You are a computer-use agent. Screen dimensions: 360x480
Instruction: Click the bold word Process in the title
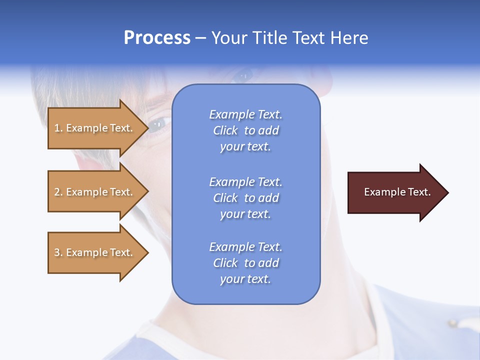click(x=157, y=38)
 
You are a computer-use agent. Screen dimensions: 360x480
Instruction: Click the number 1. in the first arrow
click(x=58, y=128)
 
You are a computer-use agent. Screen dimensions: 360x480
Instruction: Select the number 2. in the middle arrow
click(x=58, y=192)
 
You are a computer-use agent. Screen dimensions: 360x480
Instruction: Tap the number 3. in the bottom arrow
click(x=58, y=252)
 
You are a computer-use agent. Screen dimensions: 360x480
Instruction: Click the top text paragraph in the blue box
click(x=245, y=130)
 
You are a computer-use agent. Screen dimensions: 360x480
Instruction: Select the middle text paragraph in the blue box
click(x=245, y=198)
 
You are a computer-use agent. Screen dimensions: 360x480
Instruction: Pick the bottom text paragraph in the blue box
click(x=245, y=263)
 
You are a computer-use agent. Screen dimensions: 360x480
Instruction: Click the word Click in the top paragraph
click(x=225, y=130)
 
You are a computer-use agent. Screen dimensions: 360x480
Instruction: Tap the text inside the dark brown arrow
click(x=397, y=192)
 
